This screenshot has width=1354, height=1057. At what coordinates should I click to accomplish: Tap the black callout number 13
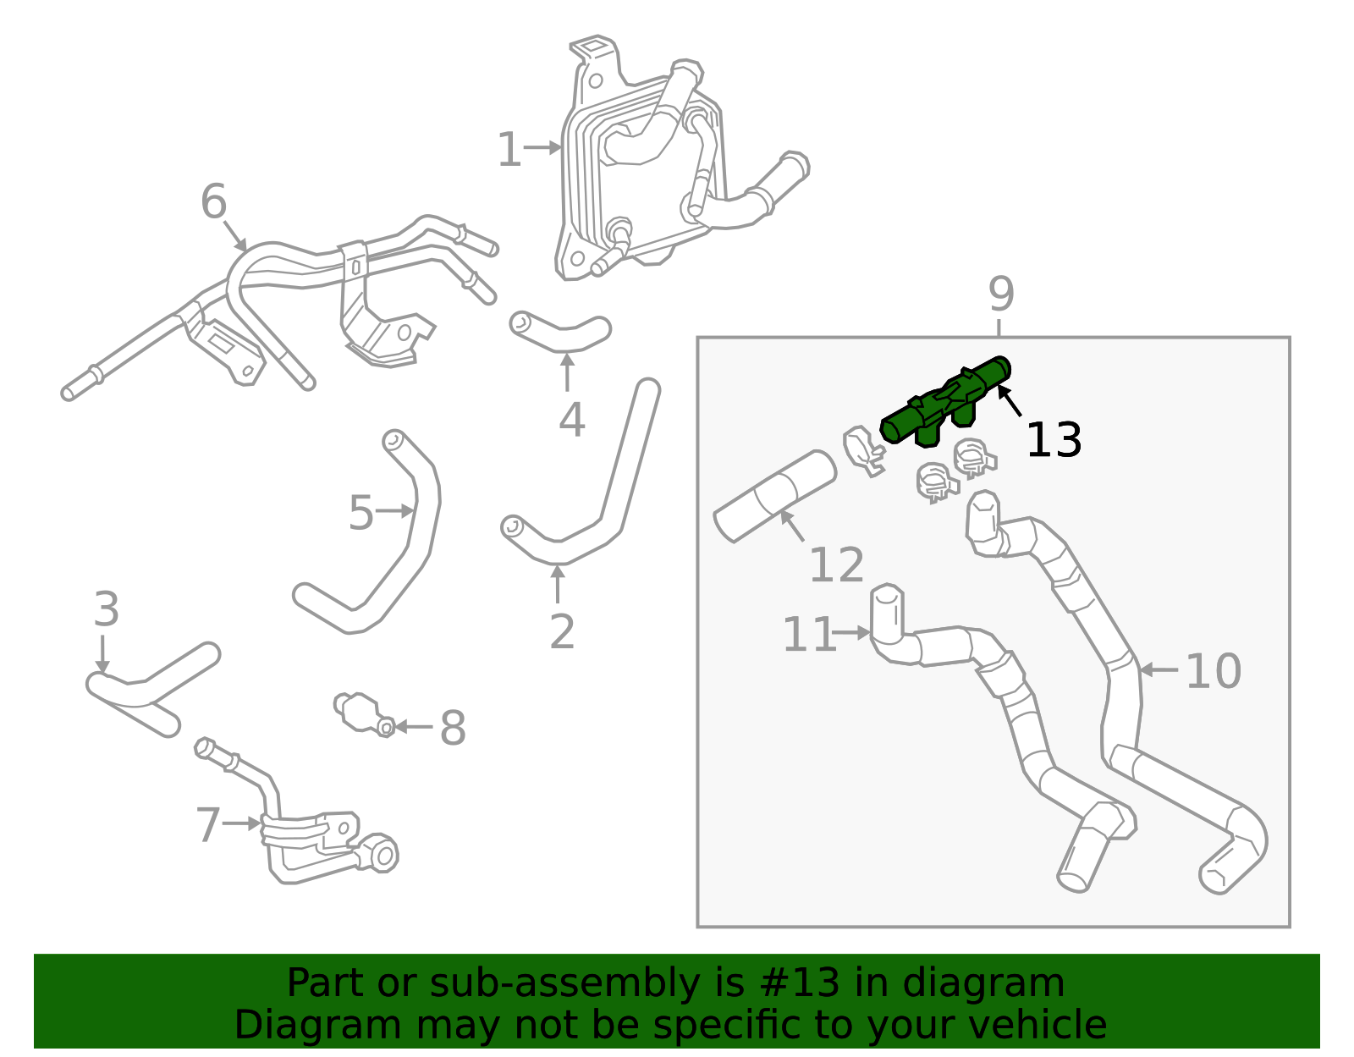tap(1053, 441)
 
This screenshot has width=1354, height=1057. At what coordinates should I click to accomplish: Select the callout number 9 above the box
tap(1000, 295)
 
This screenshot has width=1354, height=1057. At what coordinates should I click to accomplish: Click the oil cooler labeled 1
tap(643, 169)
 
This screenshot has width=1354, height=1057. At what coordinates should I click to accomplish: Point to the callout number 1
tap(509, 150)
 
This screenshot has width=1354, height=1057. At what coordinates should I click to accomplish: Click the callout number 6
tap(213, 202)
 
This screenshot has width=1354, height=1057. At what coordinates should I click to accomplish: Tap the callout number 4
tap(571, 420)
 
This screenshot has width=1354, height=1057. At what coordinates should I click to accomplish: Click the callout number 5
tap(361, 514)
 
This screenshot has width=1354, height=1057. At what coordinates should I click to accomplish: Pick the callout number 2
tap(562, 631)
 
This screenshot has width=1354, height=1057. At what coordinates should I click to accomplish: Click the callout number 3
tap(106, 609)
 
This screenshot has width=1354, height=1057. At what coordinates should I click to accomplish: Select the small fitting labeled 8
tap(362, 713)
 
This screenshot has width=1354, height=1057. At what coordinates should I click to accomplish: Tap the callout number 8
tap(453, 728)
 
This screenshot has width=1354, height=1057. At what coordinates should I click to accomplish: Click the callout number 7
tap(208, 825)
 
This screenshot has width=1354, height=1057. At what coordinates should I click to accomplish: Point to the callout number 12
tap(836, 565)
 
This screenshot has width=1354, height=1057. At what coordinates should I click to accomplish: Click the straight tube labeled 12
tap(774, 496)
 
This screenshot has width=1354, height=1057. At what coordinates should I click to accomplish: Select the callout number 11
tap(808, 635)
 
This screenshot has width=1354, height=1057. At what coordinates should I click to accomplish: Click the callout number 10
tap(1213, 671)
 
